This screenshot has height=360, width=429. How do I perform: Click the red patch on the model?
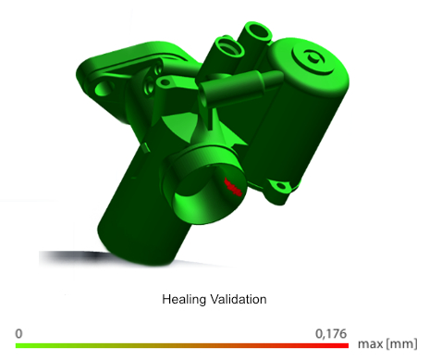coord(233,187)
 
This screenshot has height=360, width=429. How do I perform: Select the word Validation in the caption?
coord(239,299)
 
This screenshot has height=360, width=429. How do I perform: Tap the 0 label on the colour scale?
coord(18,334)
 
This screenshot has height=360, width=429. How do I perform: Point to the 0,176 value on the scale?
coord(331,334)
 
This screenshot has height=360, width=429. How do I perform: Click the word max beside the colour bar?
coord(371,344)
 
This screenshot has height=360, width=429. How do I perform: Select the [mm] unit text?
coord(401,343)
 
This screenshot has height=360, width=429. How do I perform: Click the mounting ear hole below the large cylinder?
coord(281,186)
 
